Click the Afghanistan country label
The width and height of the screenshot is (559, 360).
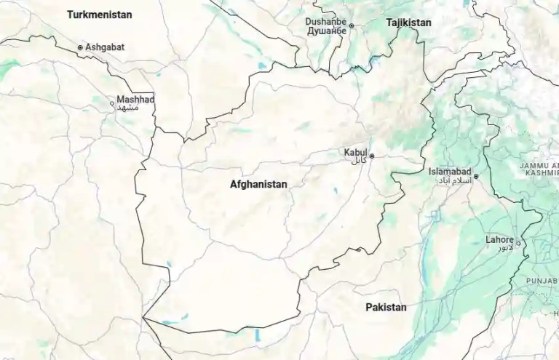click(x=258, y=185)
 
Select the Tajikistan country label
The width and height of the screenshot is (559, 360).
click(x=408, y=23)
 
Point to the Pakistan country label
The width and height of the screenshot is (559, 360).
click(x=386, y=308)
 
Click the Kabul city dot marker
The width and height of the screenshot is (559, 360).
click(x=372, y=156)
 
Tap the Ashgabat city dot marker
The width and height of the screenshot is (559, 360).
click(x=80, y=47)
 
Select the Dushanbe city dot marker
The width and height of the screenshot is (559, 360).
click(x=351, y=26)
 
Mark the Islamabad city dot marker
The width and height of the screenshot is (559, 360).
click(x=476, y=176)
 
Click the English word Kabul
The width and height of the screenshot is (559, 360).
click(x=356, y=153)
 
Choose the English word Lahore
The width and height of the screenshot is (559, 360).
click(x=500, y=239)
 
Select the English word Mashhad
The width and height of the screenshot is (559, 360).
click(x=136, y=99)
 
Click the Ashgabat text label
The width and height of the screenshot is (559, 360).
click(x=105, y=47)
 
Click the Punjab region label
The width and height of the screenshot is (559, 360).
click(x=542, y=279)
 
